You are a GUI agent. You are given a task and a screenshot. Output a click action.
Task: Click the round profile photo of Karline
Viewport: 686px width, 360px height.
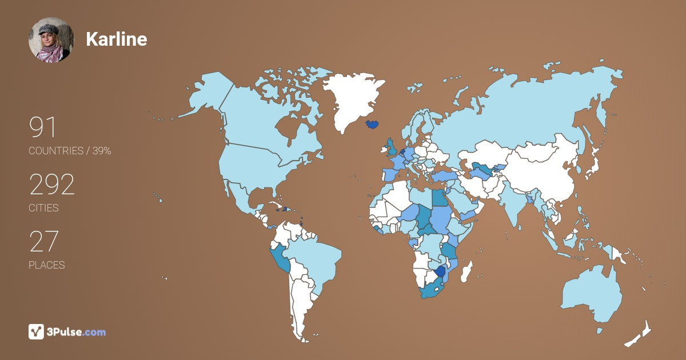click(x=51, y=39)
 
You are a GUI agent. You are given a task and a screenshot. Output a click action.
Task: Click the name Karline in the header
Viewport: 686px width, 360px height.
click(x=116, y=39)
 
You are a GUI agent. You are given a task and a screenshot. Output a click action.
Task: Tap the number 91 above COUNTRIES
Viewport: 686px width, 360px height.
click(x=43, y=127)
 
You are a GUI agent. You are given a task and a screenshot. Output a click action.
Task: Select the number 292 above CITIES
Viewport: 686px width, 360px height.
click(x=52, y=185)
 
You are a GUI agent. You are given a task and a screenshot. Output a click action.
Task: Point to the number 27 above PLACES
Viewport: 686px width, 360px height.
click(x=43, y=242)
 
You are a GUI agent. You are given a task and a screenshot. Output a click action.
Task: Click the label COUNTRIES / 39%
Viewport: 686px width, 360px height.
click(x=70, y=151)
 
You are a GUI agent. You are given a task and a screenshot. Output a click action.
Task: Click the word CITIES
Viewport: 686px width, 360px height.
click(x=43, y=208)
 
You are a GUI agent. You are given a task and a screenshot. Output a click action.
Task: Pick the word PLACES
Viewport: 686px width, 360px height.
click(x=46, y=265)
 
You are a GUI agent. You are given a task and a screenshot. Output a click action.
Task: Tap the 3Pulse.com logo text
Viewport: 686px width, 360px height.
click(x=77, y=332)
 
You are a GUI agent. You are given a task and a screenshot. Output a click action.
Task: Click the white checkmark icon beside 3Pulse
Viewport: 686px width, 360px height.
click(x=36, y=331)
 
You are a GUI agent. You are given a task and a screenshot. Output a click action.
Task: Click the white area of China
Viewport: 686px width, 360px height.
click(x=543, y=171)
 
